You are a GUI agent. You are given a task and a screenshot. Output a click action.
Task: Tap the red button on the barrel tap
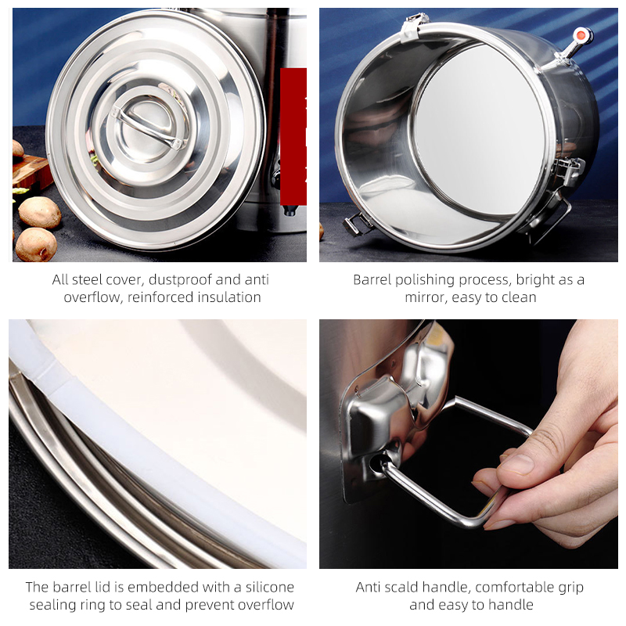(x=582, y=34)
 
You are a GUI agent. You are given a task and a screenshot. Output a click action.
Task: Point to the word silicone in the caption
(x=269, y=588)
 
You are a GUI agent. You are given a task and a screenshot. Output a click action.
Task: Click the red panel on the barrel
(x=293, y=136)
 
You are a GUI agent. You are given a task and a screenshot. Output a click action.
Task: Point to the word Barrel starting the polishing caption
(x=372, y=280)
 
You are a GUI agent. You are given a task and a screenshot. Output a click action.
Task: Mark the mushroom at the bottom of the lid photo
(x=36, y=244)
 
